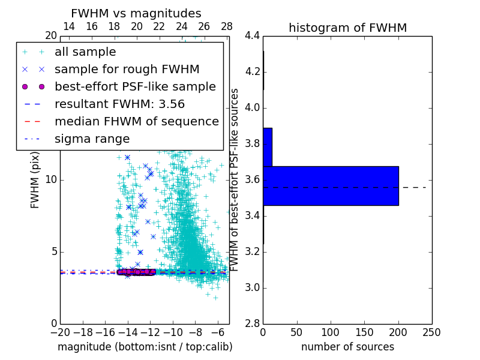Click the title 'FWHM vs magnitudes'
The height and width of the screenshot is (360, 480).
136,13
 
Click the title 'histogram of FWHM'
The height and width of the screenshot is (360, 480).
347,28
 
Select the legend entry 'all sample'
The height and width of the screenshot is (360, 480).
85,52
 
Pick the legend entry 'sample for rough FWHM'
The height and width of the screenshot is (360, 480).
127,70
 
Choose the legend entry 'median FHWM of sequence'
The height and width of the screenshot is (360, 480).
136,121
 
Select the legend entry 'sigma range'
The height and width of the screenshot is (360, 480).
92,139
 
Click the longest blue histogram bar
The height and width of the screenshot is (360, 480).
331,186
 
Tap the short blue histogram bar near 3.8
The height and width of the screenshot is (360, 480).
268,147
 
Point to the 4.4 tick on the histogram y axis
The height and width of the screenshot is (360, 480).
252,36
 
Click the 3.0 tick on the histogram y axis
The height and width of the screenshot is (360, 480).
252,288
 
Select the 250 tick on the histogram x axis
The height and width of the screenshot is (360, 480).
432,332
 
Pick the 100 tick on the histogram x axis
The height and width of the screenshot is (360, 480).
331,332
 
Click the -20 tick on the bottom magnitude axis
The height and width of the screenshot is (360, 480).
60,332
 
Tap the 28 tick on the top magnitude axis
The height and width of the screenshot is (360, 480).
227,26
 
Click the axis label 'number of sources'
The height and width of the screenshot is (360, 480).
347,347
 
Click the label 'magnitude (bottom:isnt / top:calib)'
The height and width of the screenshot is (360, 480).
145,347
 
